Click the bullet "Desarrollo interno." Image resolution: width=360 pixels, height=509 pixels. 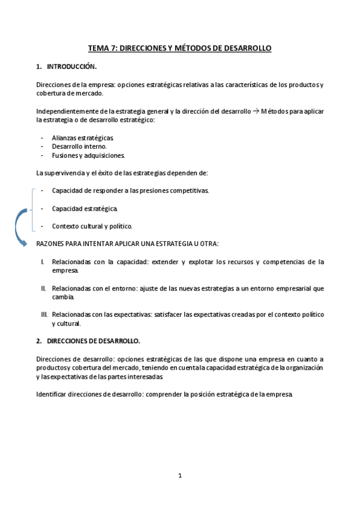(79, 146)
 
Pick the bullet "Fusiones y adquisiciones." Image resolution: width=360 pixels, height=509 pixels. (88, 155)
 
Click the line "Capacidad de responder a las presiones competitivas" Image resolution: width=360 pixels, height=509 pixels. (130, 190)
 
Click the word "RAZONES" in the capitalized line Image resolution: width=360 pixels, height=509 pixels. (51, 244)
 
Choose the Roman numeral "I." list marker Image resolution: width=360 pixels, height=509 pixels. (43, 262)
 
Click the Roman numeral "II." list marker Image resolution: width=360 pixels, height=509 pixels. (43, 288)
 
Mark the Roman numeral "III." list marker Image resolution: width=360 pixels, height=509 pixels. (44, 315)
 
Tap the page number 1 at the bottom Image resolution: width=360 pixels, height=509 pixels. (179, 475)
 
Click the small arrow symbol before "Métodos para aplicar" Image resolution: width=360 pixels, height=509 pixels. (255, 111)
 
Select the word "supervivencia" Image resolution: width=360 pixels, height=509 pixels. (67, 173)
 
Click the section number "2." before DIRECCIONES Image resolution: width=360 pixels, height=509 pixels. (38, 341)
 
